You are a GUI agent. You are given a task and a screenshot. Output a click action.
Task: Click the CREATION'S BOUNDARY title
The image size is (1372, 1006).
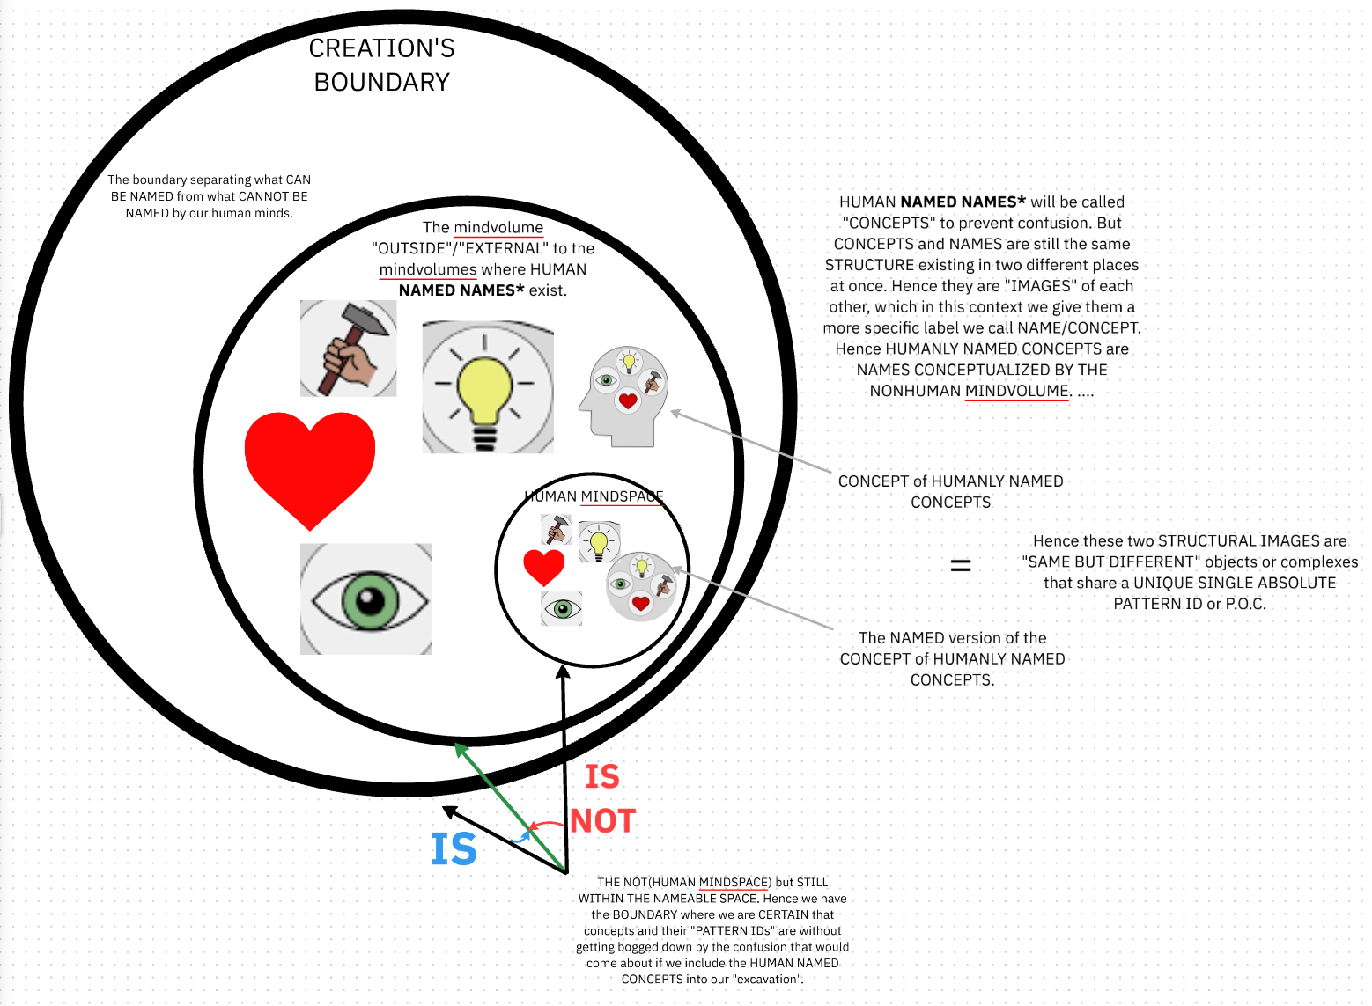pos(381,65)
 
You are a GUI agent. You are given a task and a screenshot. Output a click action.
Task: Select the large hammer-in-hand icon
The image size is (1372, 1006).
pos(349,349)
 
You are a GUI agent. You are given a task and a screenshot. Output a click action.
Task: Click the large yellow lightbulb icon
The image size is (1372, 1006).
pos(488,387)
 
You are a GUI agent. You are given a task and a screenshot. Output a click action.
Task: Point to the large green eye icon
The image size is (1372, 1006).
pos(365,599)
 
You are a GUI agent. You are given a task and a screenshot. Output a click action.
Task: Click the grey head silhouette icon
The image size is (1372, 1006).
pos(623,396)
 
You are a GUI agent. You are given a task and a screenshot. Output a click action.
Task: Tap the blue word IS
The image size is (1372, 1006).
pos(454,849)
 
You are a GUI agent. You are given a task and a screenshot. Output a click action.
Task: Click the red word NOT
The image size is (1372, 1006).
pos(602,821)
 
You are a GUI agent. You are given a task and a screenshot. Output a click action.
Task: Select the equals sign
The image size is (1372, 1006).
pos(961,565)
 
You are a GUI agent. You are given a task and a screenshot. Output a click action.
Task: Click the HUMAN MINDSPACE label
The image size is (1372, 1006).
pos(594,496)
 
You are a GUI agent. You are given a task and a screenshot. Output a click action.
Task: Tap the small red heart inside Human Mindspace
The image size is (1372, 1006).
pos(544,568)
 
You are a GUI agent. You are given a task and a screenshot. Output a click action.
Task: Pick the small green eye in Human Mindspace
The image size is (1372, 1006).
pos(562,609)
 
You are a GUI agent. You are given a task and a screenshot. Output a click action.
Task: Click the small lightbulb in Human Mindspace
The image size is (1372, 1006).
pos(600,542)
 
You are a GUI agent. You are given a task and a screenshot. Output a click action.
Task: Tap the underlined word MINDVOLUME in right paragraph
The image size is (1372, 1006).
pos(1017,391)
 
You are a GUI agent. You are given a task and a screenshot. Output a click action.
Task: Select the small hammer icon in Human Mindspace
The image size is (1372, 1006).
pos(557,530)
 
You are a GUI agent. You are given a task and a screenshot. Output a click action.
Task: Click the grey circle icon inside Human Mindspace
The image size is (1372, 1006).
pos(641,586)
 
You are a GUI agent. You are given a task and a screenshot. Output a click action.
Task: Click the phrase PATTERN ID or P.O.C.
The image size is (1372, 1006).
pos(1190,604)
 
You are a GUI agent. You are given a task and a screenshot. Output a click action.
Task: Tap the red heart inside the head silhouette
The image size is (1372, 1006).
pos(628,401)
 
